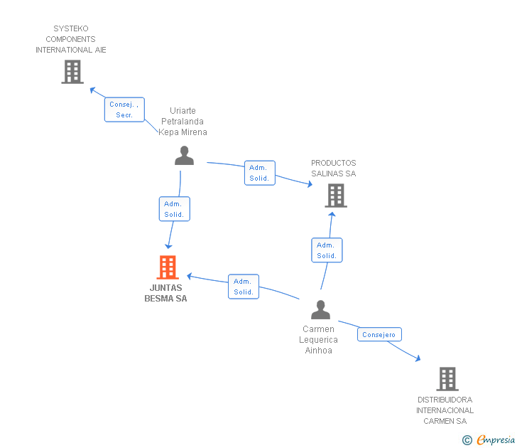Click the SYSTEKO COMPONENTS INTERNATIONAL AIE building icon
[x=72, y=72]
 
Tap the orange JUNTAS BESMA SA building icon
[x=167, y=267]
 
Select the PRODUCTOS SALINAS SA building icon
[x=335, y=195]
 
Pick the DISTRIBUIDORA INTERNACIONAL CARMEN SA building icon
[x=447, y=379]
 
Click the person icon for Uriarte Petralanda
[x=184, y=156]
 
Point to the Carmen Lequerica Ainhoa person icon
[x=321, y=310]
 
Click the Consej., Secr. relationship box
[x=125, y=110]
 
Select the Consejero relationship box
[x=379, y=334]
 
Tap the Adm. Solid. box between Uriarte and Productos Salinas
[x=259, y=173]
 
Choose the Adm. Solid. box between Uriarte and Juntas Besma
[x=174, y=208]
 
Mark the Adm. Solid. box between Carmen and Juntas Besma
[x=244, y=287]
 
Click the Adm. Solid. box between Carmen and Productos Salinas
[x=327, y=250]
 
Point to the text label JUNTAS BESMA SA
[x=165, y=293]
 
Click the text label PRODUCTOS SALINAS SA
[x=334, y=169]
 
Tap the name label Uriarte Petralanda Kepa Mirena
[x=183, y=122]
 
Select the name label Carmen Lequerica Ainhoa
[x=318, y=340]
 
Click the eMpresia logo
[x=495, y=439]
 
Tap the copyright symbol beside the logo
[x=467, y=440]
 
